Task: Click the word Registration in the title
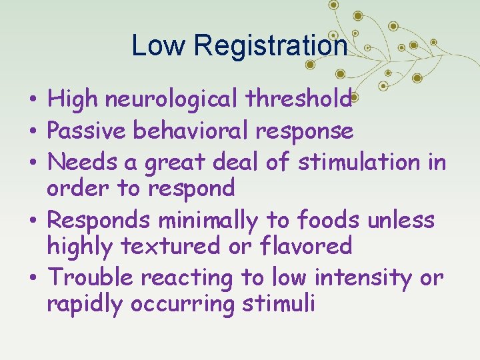271,46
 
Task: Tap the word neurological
175,100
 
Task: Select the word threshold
298,99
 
